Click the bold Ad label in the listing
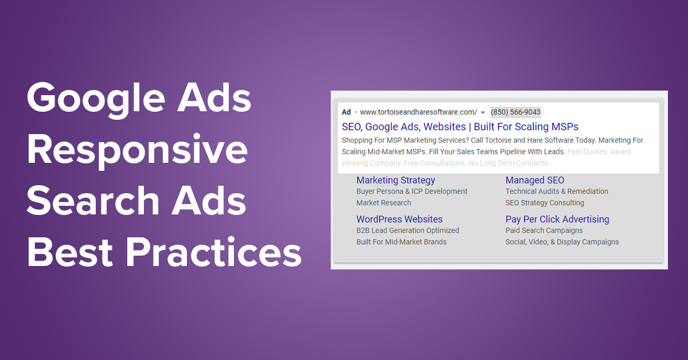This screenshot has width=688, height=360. [x=346, y=112]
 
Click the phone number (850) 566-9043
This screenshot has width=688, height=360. [x=515, y=112]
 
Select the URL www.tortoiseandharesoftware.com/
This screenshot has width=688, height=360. [x=418, y=112]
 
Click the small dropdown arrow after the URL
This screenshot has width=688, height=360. [x=483, y=112]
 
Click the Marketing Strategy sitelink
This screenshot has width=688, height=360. [x=396, y=180]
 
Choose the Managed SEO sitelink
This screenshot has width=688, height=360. [x=534, y=180]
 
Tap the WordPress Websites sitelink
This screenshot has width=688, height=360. [x=399, y=219]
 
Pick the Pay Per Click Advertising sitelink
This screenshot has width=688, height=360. [x=557, y=219]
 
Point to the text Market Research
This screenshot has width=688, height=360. [x=384, y=203]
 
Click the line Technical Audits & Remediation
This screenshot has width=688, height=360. [x=556, y=191]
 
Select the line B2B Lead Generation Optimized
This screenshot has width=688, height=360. [x=408, y=230]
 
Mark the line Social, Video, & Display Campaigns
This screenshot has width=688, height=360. [x=562, y=242]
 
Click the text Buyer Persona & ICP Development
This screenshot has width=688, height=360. [x=412, y=191]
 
